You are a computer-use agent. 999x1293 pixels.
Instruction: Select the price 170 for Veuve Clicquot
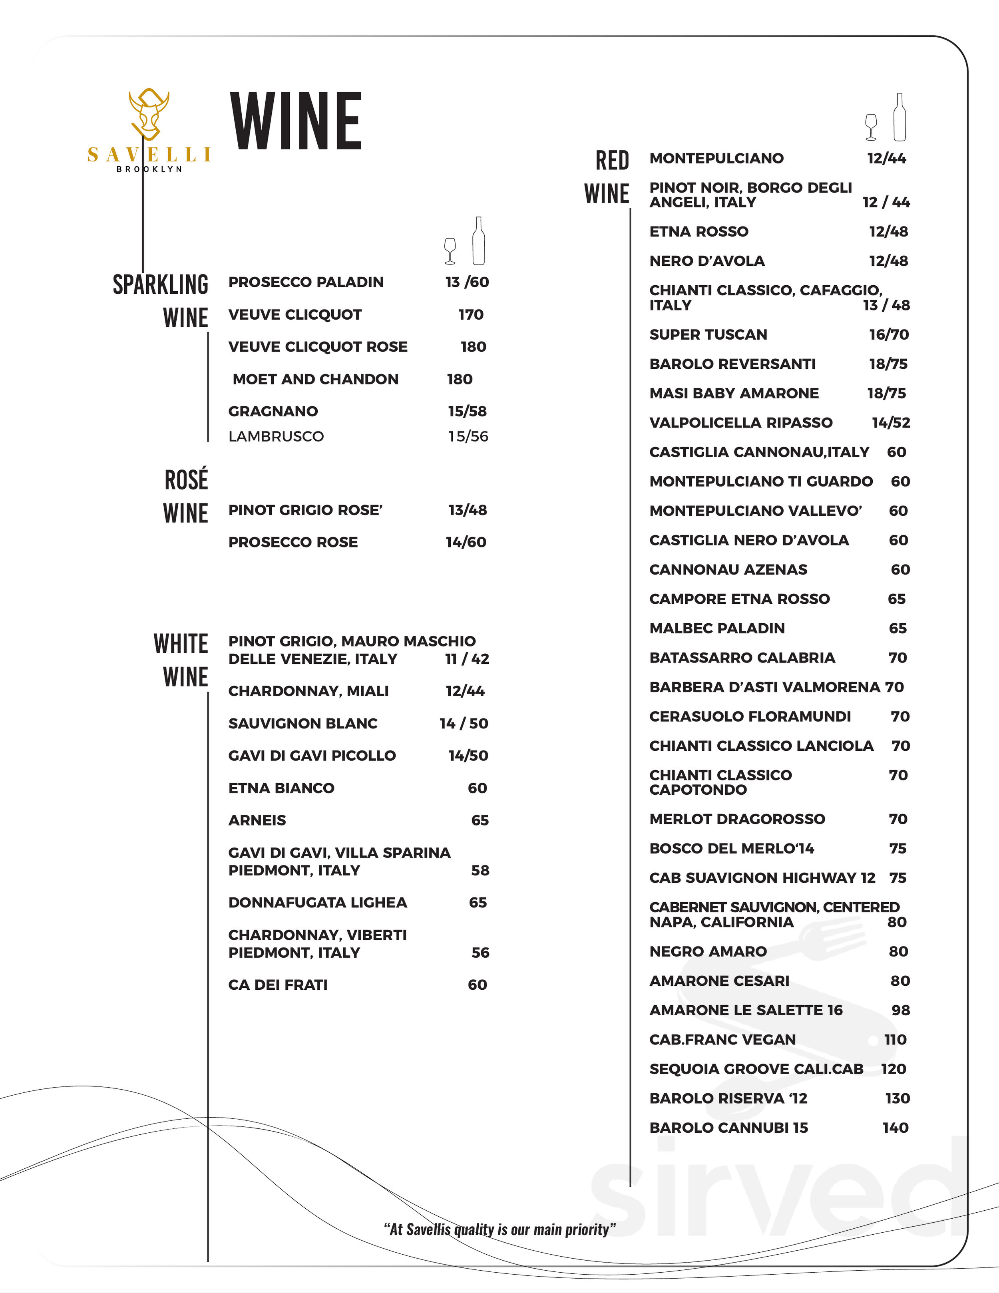pyautogui.click(x=471, y=314)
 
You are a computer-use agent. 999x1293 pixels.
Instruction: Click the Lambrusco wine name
pyautogui.click(x=276, y=436)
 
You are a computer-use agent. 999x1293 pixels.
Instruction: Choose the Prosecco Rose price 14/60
pyautogui.click(x=466, y=542)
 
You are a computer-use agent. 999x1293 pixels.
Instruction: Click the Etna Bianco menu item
pyautogui.click(x=281, y=788)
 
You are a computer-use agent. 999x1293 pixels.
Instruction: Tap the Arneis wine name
pyautogui.click(x=257, y=820)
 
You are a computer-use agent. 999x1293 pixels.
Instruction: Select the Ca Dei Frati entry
pyautogui.click(x=278, y=985)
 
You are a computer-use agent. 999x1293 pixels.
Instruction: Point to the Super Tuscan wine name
pyautogui.click(x=708, y=334)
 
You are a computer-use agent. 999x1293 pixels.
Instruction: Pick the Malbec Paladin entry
pyautogui.click(x=717, y=628)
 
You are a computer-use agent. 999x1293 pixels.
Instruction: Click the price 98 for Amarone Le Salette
pyautogui.click(x=900, y=1010)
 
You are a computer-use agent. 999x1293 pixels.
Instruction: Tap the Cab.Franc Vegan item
pyautogui.click(x=722, y=1040)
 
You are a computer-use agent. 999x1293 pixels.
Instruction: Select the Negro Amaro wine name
pyautogui.click(x=708, y=951)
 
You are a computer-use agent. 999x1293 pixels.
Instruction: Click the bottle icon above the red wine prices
pyautogui.click(x=899, y=117)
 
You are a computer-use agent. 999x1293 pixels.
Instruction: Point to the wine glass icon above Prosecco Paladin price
pyautogui.click(x=450, y=251)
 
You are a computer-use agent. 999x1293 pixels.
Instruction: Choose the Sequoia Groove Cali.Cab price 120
pyautogui.click(x=894, y=1068)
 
